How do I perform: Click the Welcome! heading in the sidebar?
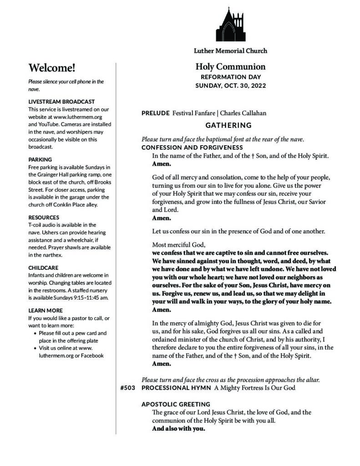(x=51, y=68)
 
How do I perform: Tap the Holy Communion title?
(x=230, y=67)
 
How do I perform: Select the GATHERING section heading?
(x=228, y=125)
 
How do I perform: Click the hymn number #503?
(x=127, y=388)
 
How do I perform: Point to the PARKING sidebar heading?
(x=40, y=160)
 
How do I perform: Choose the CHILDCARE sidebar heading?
(x=43, y=268)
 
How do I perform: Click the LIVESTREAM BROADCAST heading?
(x=61, y=101)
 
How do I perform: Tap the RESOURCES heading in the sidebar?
(x=44, y=218)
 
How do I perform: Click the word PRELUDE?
(x=156, y=113)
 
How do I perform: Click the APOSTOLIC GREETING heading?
(x=176, y=404)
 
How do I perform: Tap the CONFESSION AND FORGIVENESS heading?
(x=192, y=147)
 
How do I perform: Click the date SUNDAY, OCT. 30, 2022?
(x=230, y=86)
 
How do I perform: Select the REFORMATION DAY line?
(x=230, y=77)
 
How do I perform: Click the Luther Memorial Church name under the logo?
(x=230, y=51)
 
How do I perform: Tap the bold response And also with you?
(x=178, y=429)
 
